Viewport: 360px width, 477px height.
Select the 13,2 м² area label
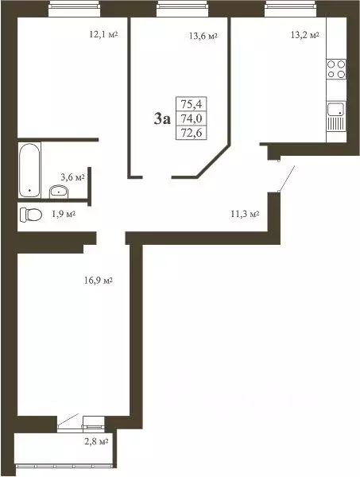point(304,35)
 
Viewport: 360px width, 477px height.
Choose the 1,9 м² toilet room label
point(61,214)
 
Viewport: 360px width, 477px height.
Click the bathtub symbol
point(29,169)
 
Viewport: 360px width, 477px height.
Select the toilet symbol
point(30,214)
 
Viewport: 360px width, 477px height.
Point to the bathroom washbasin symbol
point(57,190)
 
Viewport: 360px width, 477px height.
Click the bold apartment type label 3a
point(162,119)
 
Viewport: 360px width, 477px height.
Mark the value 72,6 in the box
point(191,132)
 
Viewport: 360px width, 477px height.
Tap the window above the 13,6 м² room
point(177,8)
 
